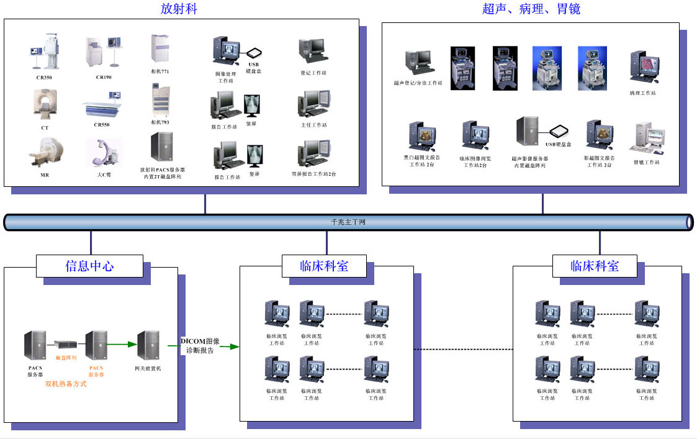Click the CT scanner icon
coord(45,104)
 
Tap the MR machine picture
coord(44,152)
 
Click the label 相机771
coord(160,71)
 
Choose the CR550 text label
coord(103,124)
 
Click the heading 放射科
coord(179,9)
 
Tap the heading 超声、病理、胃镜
coord(531,9)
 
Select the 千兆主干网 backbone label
coord(348,222)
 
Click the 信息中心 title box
coord(89,266)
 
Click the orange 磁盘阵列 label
coord(66,358)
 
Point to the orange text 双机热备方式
coord(66,384)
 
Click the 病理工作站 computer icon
coord(643,68)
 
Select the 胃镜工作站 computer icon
coord(647,138)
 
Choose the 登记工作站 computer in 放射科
coord(312,51)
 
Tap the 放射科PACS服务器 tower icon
coord(161,147)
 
